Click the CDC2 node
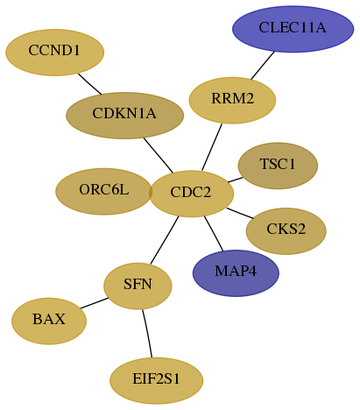192,194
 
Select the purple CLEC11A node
293,29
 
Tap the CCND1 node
55,53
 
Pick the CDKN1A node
125,116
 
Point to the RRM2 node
232,100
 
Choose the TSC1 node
278,166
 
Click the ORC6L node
103,191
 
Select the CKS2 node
286,231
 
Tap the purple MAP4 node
236,273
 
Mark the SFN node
138,286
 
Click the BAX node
49,321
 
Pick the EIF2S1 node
157,380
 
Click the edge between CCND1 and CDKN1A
89,84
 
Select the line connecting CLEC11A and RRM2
263,66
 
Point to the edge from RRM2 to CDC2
212,147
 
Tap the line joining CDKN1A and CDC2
159,155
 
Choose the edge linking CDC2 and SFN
165,240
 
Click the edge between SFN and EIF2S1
147,333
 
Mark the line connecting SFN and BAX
95,303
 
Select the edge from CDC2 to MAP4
214,233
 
